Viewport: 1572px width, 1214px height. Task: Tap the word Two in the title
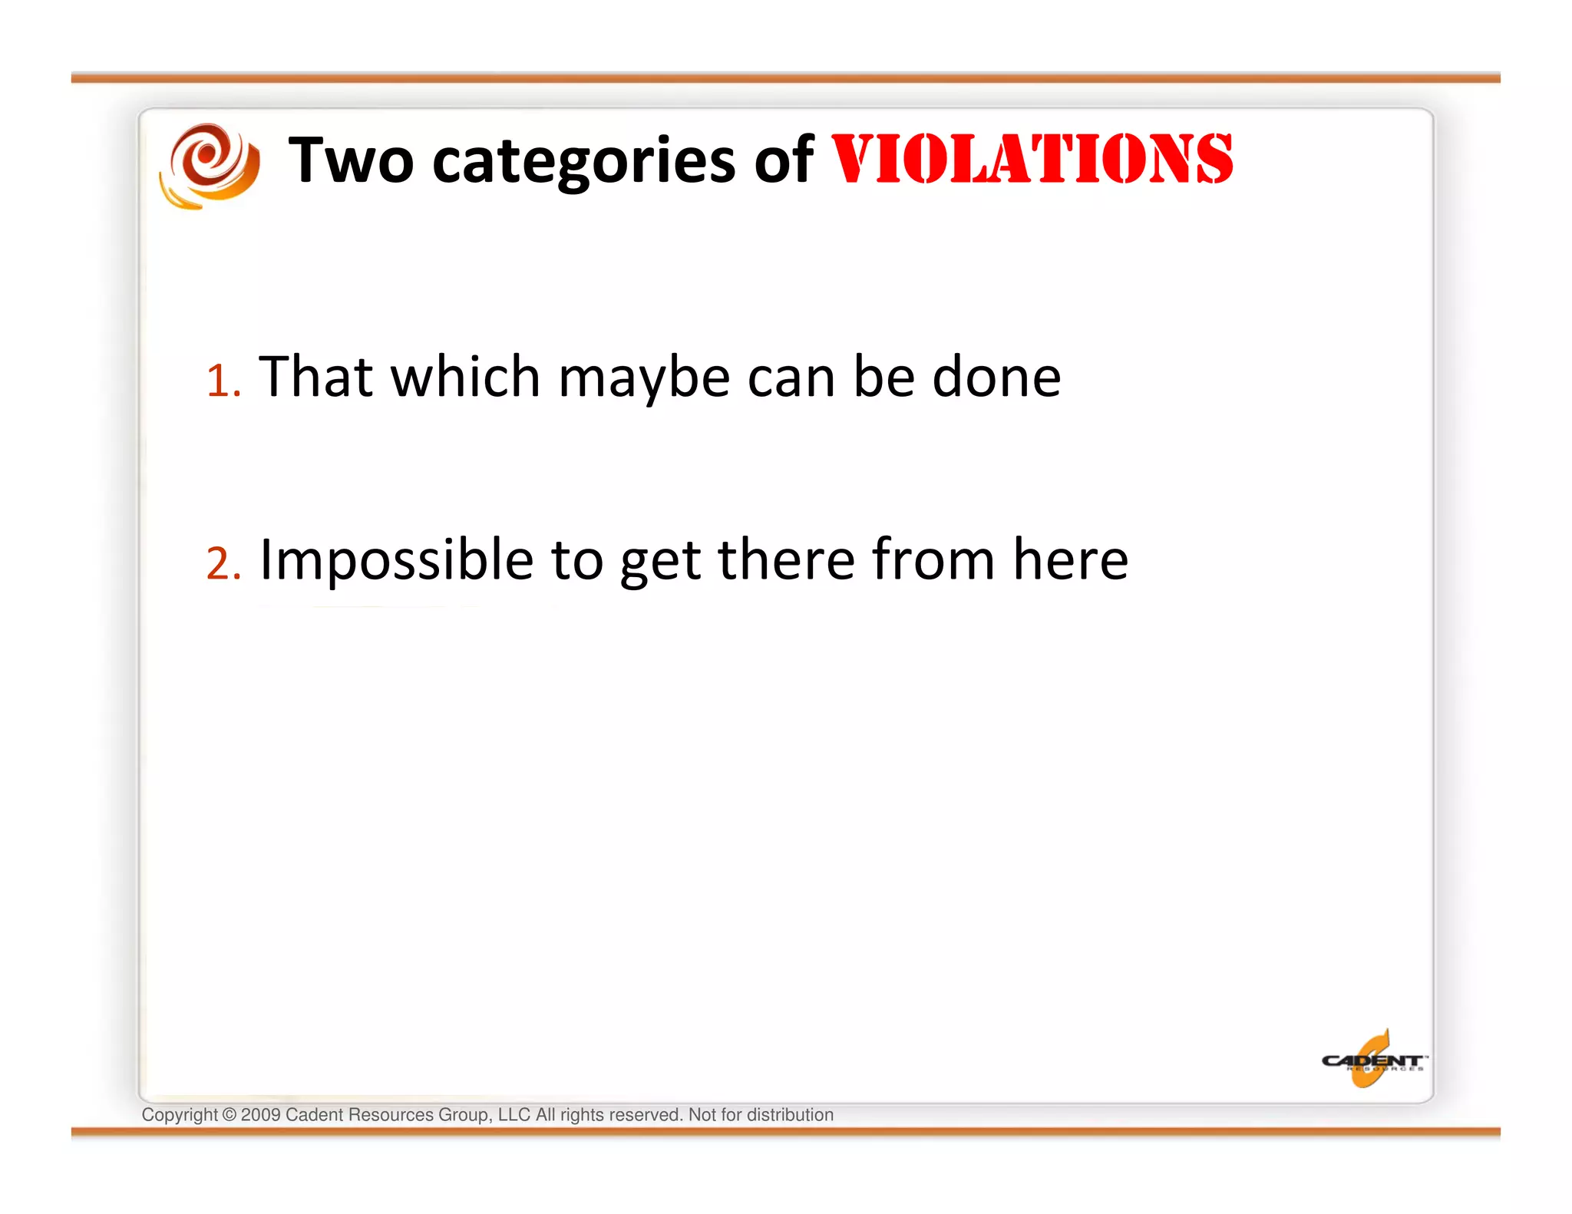point(351,160)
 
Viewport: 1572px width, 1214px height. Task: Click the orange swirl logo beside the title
point(209,165)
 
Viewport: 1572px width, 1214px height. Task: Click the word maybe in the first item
point(643,378)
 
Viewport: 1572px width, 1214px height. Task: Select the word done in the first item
point(996,377)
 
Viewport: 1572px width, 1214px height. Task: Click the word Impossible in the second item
point(396,561)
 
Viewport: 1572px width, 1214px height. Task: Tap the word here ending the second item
point(1070,559)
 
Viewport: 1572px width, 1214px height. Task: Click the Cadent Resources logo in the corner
point(1372,1061)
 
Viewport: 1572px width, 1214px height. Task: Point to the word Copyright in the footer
point(180,1115)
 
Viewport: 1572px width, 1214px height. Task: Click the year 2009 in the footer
point(260,1115)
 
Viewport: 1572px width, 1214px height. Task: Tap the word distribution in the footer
point(790,1115)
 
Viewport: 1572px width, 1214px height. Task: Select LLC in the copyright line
point(514,1115)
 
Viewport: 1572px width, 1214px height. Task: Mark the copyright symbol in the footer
point(229,1115)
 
